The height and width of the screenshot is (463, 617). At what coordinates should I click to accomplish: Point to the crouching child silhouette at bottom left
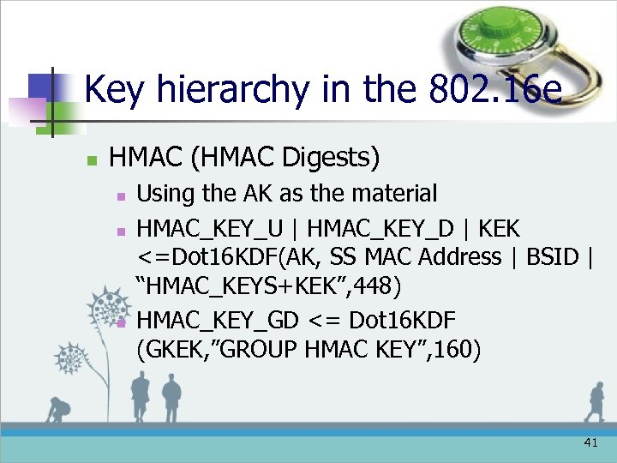[58, 411]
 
